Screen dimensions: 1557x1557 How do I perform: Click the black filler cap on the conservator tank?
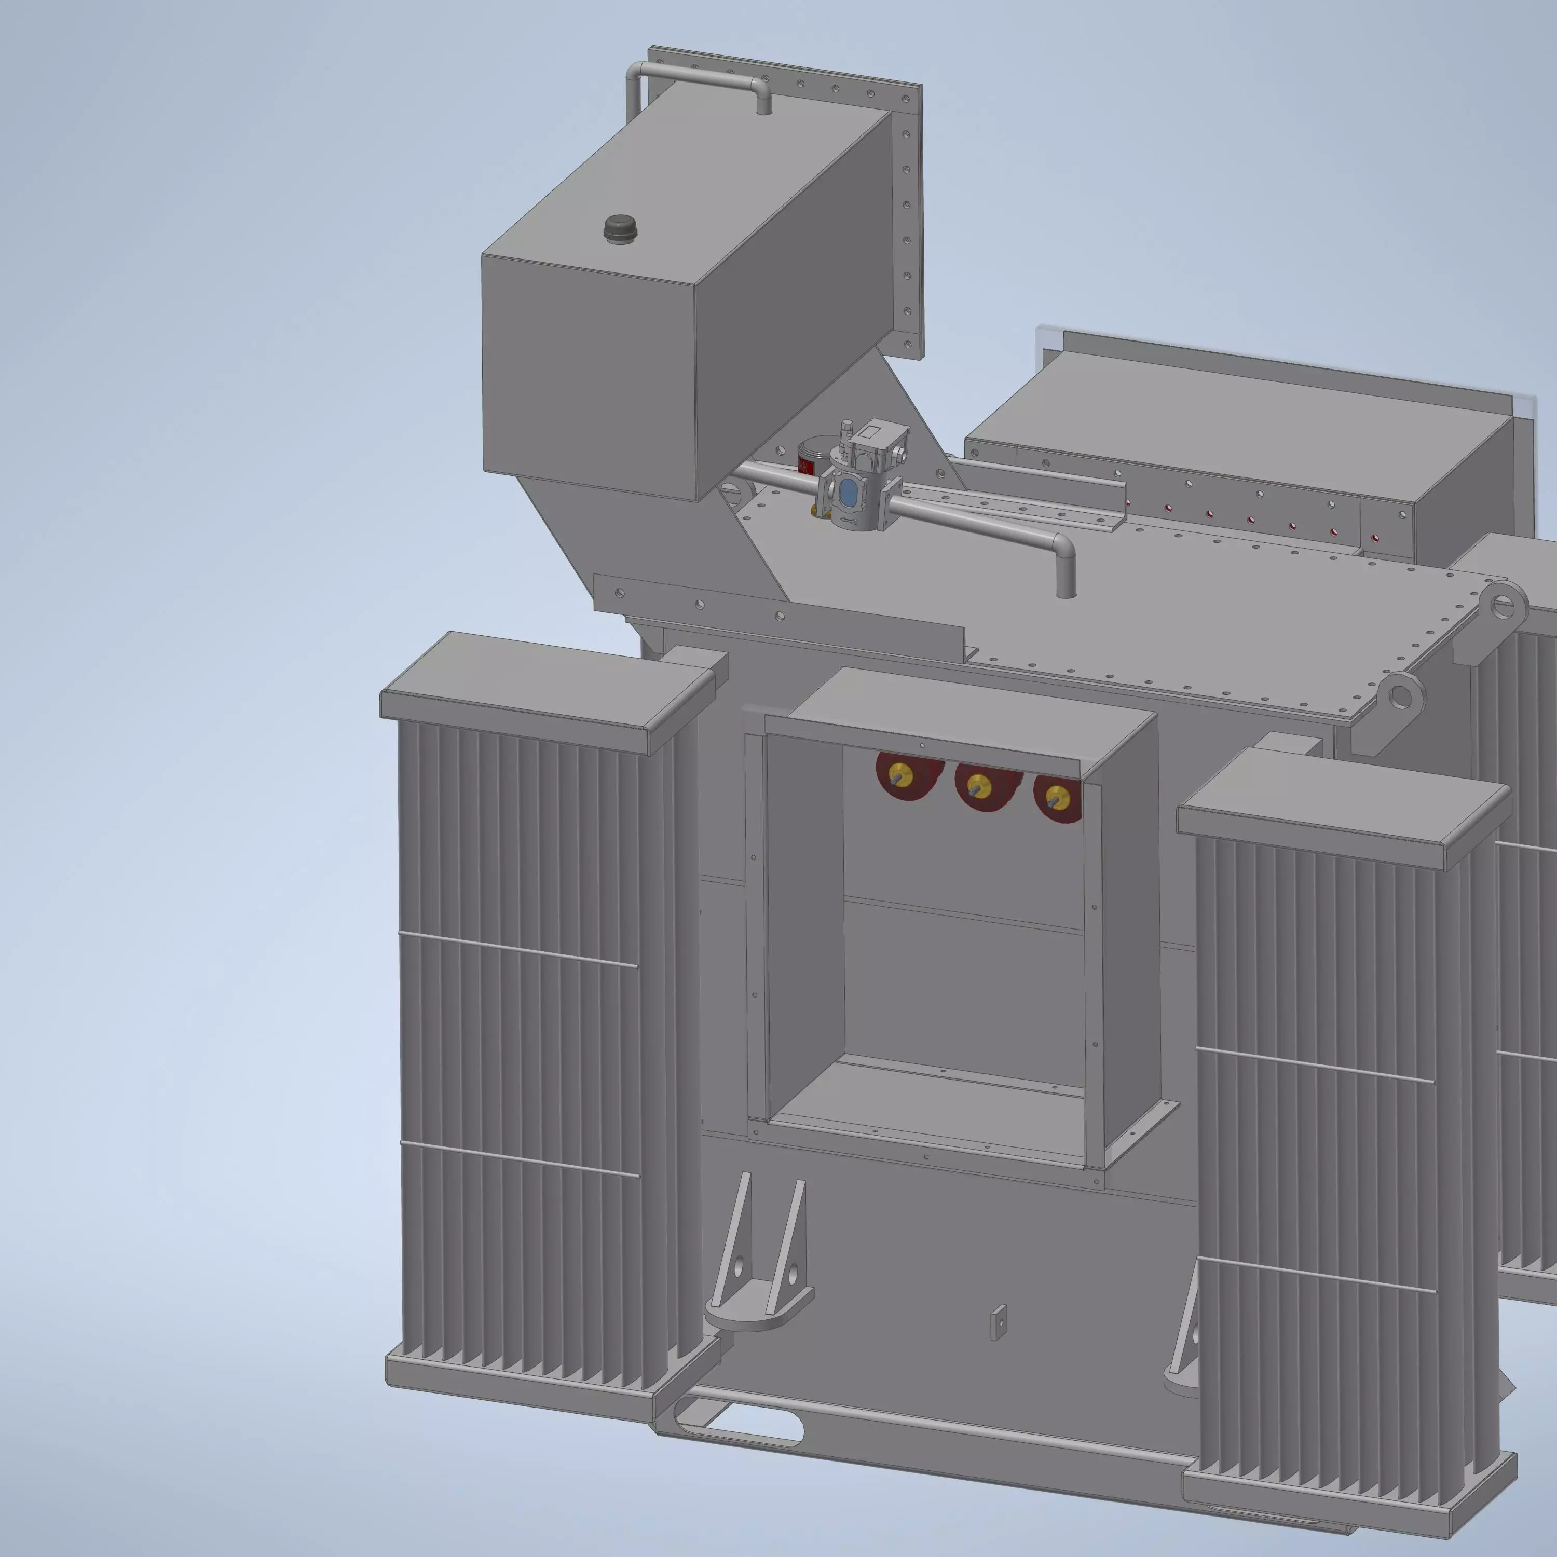(x=620, y=227)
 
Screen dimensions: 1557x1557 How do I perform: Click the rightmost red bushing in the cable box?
(x=1054, y=798)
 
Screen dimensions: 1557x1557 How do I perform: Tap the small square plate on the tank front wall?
(x=999, y=1322)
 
